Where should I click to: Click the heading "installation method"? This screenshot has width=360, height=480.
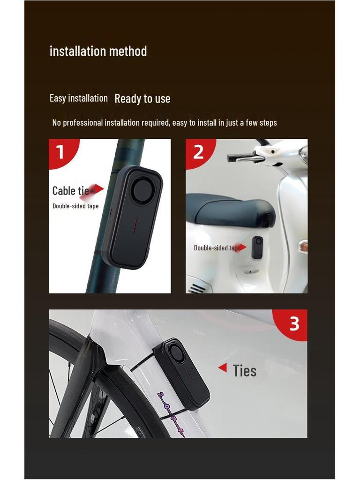coord(98,51)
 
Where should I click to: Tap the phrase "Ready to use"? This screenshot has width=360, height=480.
coord(142,98)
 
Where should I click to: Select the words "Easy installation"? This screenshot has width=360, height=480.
coord(78,98)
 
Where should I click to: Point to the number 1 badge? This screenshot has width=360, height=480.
coord(60,152)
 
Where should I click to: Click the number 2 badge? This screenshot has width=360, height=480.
coord(198,151)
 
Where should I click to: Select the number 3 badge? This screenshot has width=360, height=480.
coord(294,323)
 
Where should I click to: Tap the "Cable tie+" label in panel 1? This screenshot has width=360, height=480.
coord(72,191)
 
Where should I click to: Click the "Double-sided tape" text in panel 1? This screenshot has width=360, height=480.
coord(75,206)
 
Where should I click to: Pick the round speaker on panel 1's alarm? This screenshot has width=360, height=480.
coord(142,189)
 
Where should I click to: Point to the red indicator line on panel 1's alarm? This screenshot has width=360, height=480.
coord(134,225)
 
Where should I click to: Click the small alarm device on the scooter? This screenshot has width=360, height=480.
coord(257,247)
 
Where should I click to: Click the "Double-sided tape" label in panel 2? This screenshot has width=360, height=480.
coord(216,247)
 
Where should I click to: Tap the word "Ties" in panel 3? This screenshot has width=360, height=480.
coord(245,371)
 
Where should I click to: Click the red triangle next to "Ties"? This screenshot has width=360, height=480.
coord(223,368)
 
